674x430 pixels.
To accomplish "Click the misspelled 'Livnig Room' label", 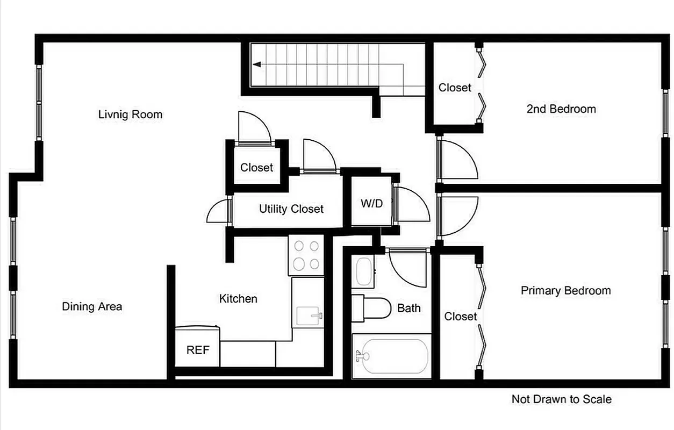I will tap(130, 114).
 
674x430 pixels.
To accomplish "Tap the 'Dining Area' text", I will tap(92, 306).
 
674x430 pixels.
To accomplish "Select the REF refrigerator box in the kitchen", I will tap(197, 350).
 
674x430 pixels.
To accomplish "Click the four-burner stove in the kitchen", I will tap(306, 255).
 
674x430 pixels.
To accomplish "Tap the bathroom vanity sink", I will tap(364, 272).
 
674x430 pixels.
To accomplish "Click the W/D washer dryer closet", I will tap(372, 204).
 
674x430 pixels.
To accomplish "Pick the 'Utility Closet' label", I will tap(291, 209).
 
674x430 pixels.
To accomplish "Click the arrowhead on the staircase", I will tap(257, 64).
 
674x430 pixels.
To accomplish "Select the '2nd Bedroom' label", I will tap(561, 109).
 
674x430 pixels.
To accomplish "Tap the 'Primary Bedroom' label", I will tap(565, 291).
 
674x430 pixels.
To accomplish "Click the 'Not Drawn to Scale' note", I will tap(561, 399).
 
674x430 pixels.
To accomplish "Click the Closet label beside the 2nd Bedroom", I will tap(455, 88).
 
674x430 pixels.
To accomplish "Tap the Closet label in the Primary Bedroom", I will tap(461, 317).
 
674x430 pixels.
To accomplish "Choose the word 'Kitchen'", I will tap(238, 299).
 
